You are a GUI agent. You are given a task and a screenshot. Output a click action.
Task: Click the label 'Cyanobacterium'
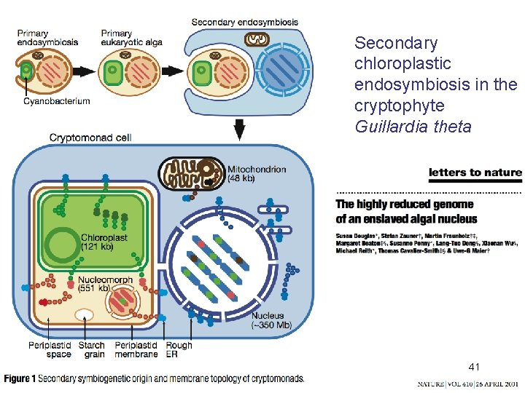coord(56,101)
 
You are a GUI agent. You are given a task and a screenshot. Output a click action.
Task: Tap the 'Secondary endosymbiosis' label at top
coord(244,22)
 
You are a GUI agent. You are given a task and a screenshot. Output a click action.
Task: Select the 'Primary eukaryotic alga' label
coord(131,38)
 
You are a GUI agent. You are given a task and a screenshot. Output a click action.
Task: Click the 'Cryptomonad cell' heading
coord(90,138)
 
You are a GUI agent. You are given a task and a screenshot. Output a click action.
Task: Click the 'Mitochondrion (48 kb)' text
coord(257,173)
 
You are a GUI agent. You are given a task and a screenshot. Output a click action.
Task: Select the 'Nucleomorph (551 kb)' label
coord(105,285)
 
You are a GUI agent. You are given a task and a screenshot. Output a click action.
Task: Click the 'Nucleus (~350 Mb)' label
coord(271,320)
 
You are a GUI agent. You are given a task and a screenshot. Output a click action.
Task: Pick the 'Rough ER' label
coord(179,349)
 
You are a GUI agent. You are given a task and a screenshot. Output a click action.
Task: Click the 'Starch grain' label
coord(92,349)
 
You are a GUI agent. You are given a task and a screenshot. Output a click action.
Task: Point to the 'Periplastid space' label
coord(50,349)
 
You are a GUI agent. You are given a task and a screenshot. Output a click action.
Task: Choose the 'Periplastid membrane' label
coord(136,349)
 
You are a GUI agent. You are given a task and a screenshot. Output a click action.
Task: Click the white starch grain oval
coord(85,315)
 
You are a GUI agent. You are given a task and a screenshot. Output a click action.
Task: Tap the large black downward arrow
coord(240,130)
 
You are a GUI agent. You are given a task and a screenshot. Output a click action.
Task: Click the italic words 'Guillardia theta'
coord(413,127)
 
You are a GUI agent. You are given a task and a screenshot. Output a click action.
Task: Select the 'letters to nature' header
coord(475,172)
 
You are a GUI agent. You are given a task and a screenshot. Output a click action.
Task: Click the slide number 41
coord(475,367)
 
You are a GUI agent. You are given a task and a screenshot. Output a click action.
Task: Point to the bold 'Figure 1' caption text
coord(20,378)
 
